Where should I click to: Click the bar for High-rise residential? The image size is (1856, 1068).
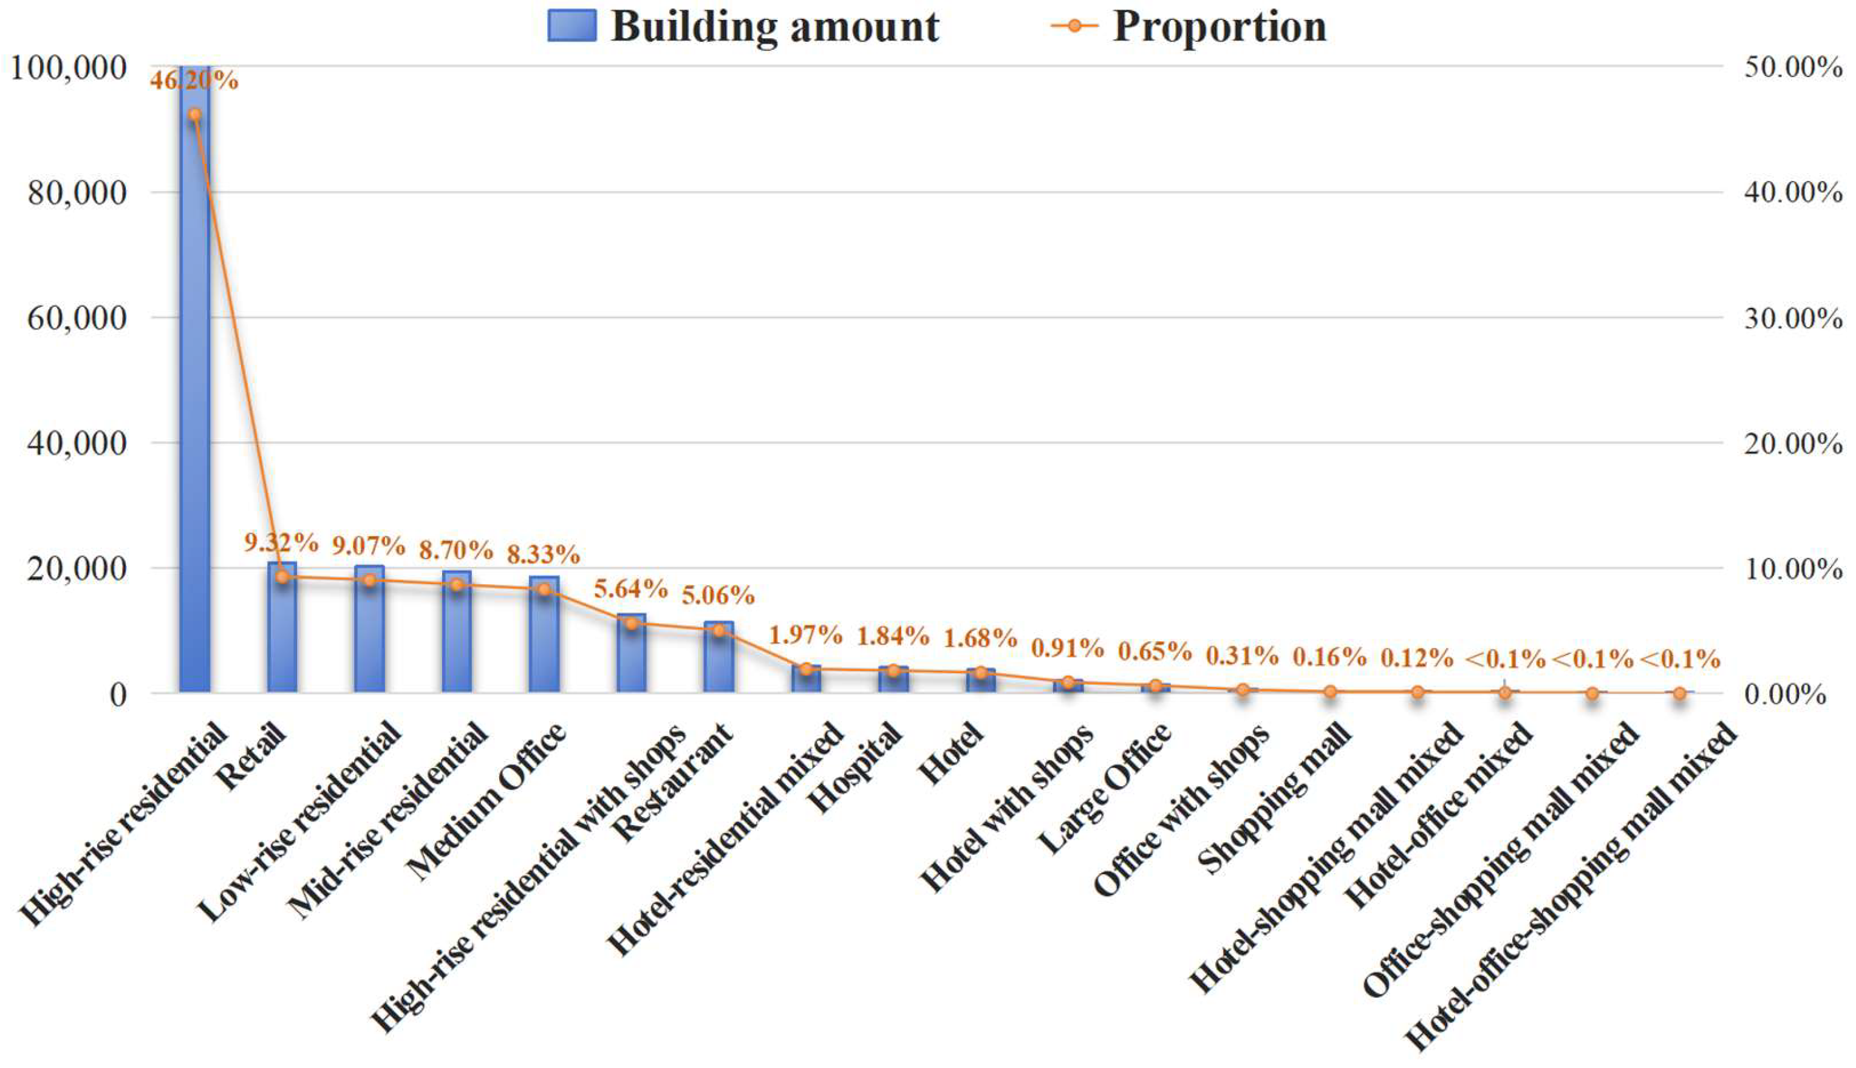194,381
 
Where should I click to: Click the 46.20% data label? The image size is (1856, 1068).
194,80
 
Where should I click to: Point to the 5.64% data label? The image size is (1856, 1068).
630,588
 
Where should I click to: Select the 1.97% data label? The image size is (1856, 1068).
805,634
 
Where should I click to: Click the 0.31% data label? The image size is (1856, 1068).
1242,655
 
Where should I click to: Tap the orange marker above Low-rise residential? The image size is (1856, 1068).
369,580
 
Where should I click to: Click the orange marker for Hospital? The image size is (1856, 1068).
893,670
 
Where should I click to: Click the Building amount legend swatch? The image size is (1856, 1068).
571,26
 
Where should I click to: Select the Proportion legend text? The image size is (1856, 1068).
1220,26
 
